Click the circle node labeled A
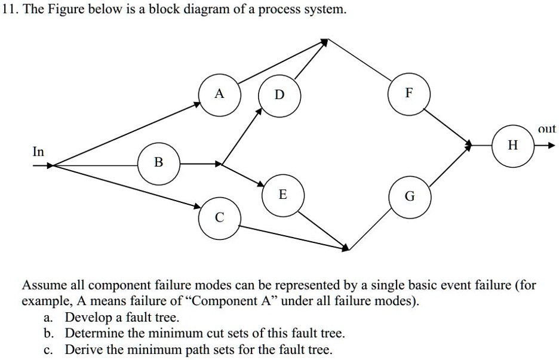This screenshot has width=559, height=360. coord(220,94)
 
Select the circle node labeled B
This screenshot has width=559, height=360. coord(158,162)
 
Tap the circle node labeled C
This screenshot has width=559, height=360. coord(220,217)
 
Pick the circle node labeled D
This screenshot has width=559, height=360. coord(279,95)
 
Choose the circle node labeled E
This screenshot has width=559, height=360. coord(283,195)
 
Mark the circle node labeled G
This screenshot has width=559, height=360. coord(409,196)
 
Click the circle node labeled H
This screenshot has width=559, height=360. coord(512,145)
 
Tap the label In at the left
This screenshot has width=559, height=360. coord(38,152)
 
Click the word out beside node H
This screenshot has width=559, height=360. coord(546,129)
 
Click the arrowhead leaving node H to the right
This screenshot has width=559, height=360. coord(552,145)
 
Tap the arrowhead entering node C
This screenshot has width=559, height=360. coord(198,207)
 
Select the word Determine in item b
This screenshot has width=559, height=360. coord(94,333)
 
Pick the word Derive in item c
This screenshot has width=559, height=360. coord(81,349)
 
